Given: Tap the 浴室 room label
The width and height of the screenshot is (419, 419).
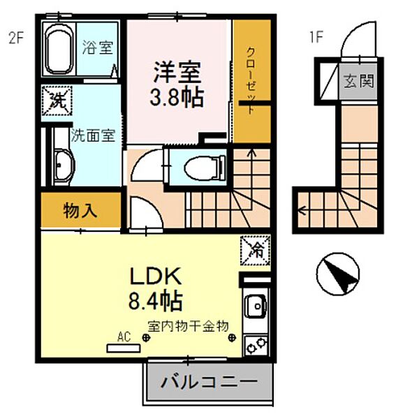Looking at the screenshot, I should [97, 49].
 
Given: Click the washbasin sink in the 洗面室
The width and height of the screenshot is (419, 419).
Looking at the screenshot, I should [62, 167].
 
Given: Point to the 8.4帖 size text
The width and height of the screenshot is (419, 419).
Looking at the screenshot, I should [154, 301].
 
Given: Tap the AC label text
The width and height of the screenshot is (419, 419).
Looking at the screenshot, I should [124, 337].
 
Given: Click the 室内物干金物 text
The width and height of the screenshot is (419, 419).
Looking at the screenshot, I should [188, 325].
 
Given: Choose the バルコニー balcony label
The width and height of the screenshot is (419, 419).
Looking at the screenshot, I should [209, 382].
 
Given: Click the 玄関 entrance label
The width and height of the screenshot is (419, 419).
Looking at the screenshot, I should [358, 78].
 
